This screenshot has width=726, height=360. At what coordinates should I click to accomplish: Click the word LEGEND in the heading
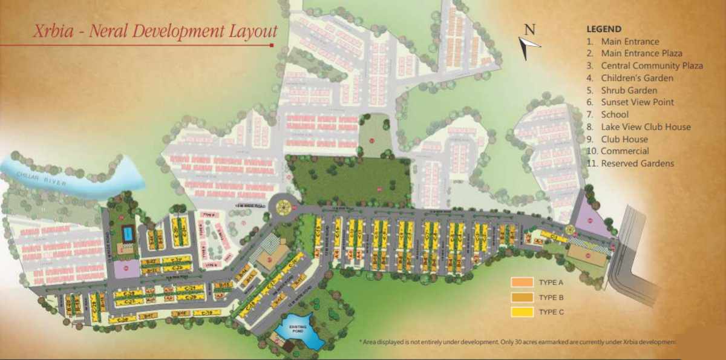click(x=604, y=29)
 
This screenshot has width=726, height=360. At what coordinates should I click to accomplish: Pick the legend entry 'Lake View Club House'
click(x=646, y=127)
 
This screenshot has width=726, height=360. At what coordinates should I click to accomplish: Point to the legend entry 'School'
click(x=615, y=114)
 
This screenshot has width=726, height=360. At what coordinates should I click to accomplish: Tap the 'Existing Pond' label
click(x=297, y=330)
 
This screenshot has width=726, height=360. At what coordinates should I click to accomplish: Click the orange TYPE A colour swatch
click(x=521, y=283)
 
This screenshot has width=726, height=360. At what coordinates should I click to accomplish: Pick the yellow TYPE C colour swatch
click(x=521, y=312)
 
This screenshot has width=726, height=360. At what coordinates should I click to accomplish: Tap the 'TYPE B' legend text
click(x=551, y=298)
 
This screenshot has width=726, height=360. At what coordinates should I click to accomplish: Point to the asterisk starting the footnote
click(x=361, y=342)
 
